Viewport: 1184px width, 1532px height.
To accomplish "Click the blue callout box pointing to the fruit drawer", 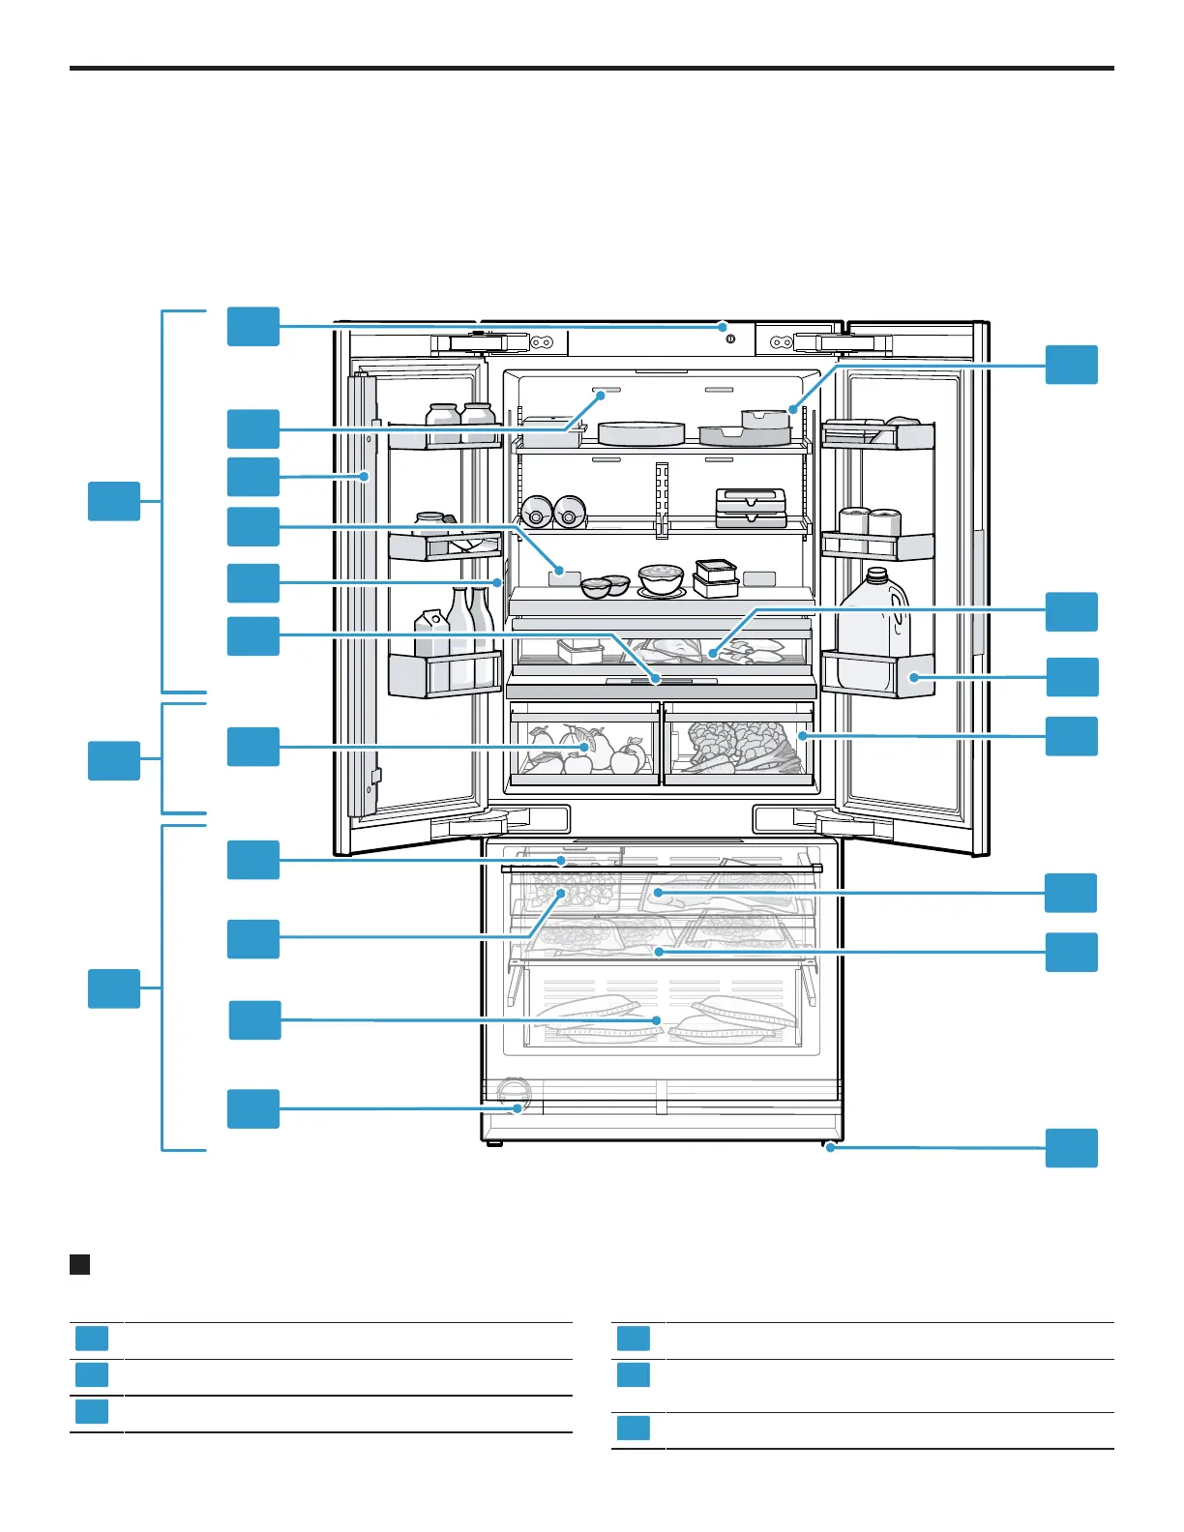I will (x=253, y=747).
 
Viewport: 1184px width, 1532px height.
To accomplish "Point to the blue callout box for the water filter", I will (x=253, y=1108).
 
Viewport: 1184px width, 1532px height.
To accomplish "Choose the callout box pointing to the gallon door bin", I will (x=1072, y=677).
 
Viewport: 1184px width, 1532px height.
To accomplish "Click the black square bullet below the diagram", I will (x=80, y=1264).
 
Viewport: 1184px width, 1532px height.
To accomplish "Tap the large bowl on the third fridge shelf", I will (x=662, y=579).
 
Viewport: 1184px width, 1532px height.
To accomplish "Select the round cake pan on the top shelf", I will (x=640, y=432).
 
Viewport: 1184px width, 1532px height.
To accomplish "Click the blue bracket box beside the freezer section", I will (x=114, y=988).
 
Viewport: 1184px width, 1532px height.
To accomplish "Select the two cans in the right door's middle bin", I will (x=870, y=522).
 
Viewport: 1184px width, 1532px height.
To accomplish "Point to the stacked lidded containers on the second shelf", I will (x=750, y=507).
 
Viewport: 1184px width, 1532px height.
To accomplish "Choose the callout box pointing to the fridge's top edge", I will (x=253, y=326).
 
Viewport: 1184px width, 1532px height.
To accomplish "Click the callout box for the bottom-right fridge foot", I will (x=1072, y=1148).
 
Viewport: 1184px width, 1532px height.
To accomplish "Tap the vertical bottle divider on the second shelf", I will (x=662, y=497).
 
